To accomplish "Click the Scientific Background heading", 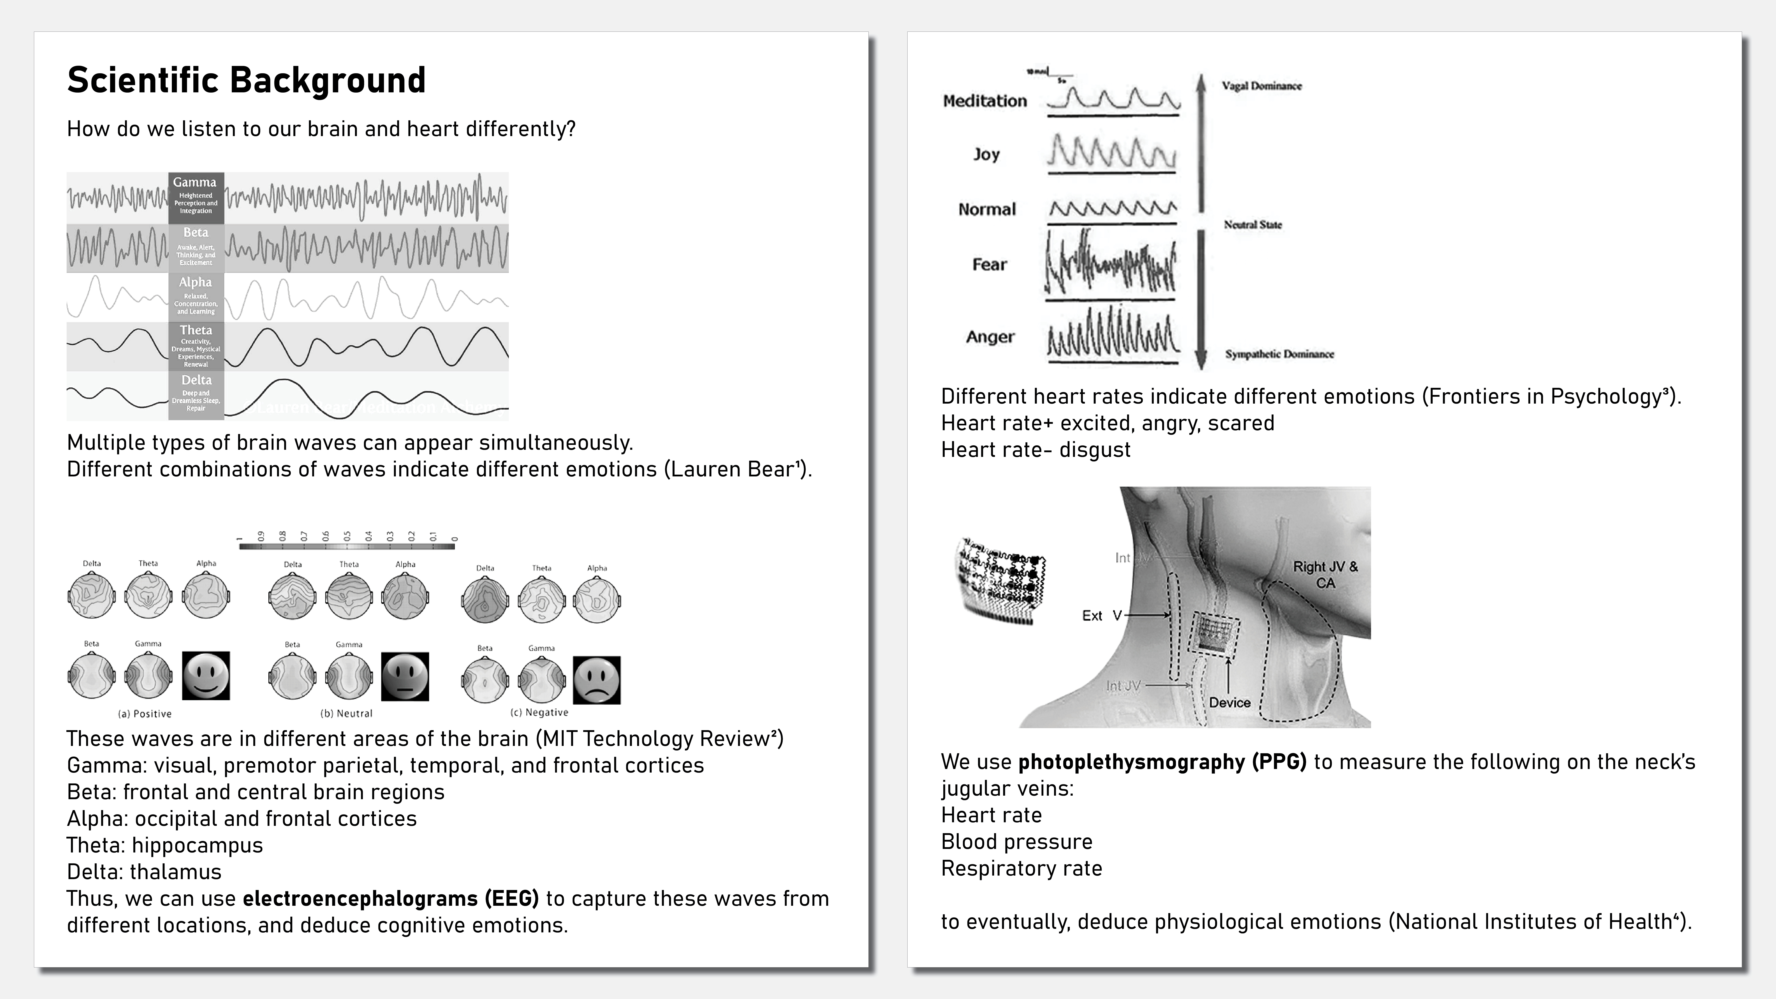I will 246,80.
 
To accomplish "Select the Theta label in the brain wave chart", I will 196,330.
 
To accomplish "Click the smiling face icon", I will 205,676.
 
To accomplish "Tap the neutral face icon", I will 405,676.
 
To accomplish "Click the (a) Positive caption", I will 145,714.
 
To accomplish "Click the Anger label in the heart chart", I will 990,337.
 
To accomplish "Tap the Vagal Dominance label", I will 1262,86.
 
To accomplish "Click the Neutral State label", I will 1253,225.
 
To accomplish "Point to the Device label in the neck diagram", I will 1229,703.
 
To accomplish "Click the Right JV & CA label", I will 1325,574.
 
